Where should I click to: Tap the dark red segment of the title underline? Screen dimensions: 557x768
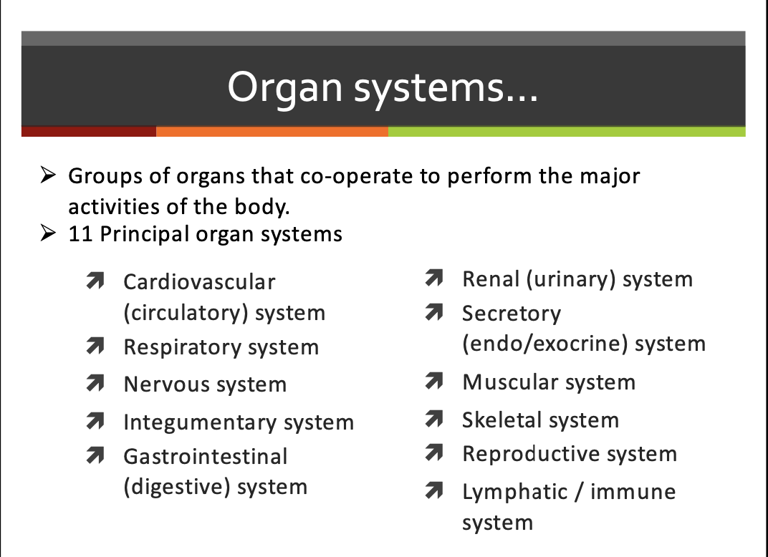[89, 132]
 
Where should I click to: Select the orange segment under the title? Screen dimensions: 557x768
[272, 132]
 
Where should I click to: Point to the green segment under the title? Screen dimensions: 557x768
[566, 132]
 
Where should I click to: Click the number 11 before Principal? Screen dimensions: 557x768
[81, 234]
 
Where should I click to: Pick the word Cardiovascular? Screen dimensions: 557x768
[199, 282]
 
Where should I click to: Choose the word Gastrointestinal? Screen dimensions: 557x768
[205, 457]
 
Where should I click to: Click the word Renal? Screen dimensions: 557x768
[491, 279]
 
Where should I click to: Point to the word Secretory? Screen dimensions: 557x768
[512, 314]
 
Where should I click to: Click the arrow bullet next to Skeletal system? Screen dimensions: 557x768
[432, 419]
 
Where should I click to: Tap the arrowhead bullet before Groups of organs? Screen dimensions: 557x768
[48, 175]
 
